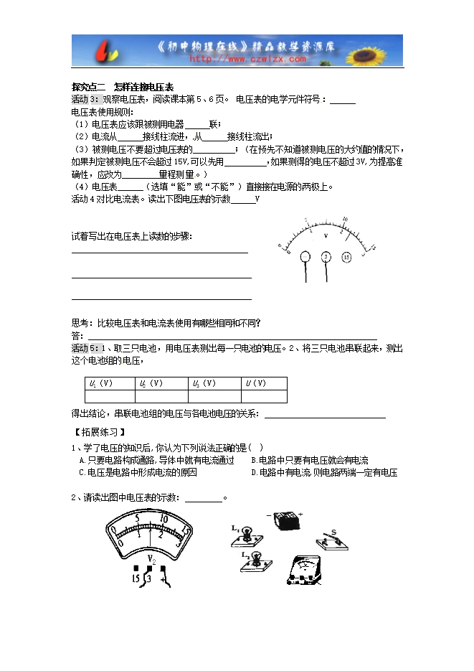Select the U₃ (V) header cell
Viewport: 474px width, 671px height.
(x=213, y=383)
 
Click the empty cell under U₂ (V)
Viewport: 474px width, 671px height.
(x=161, y=396)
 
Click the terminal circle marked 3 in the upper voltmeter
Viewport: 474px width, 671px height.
(x=326, y=256)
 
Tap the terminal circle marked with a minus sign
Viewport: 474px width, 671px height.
(x=305, y=256)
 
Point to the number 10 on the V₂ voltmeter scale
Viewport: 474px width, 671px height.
(x=163, y=518)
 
